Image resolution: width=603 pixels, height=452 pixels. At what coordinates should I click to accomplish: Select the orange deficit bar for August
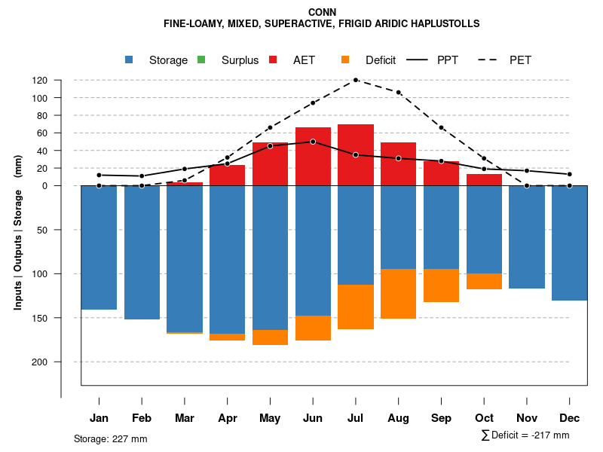pos(399,294)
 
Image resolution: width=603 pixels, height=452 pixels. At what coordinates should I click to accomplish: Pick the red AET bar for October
pos(484,180)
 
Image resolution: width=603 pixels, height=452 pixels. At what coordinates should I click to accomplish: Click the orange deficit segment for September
pos(441,286)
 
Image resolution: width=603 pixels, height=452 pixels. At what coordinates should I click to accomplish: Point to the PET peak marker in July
pos(356,80)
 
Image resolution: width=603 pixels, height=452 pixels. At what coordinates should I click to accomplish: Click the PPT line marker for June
pos(313,142)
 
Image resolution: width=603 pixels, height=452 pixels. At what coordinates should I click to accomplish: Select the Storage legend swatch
pos(130,60)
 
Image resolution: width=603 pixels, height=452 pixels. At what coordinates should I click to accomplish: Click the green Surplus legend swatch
pos(201,60)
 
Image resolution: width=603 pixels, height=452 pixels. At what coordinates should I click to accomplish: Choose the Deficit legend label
pos(381,60)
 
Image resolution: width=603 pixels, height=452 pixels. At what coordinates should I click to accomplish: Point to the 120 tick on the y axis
pos(61,80)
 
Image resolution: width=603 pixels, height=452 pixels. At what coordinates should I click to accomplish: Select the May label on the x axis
pos(270,418)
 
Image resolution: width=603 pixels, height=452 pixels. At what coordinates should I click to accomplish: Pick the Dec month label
pos(570,418)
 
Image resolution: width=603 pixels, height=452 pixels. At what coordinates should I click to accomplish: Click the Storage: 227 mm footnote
pos(111,439)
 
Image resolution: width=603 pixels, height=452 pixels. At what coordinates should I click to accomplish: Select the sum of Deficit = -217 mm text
pos(525,435)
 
